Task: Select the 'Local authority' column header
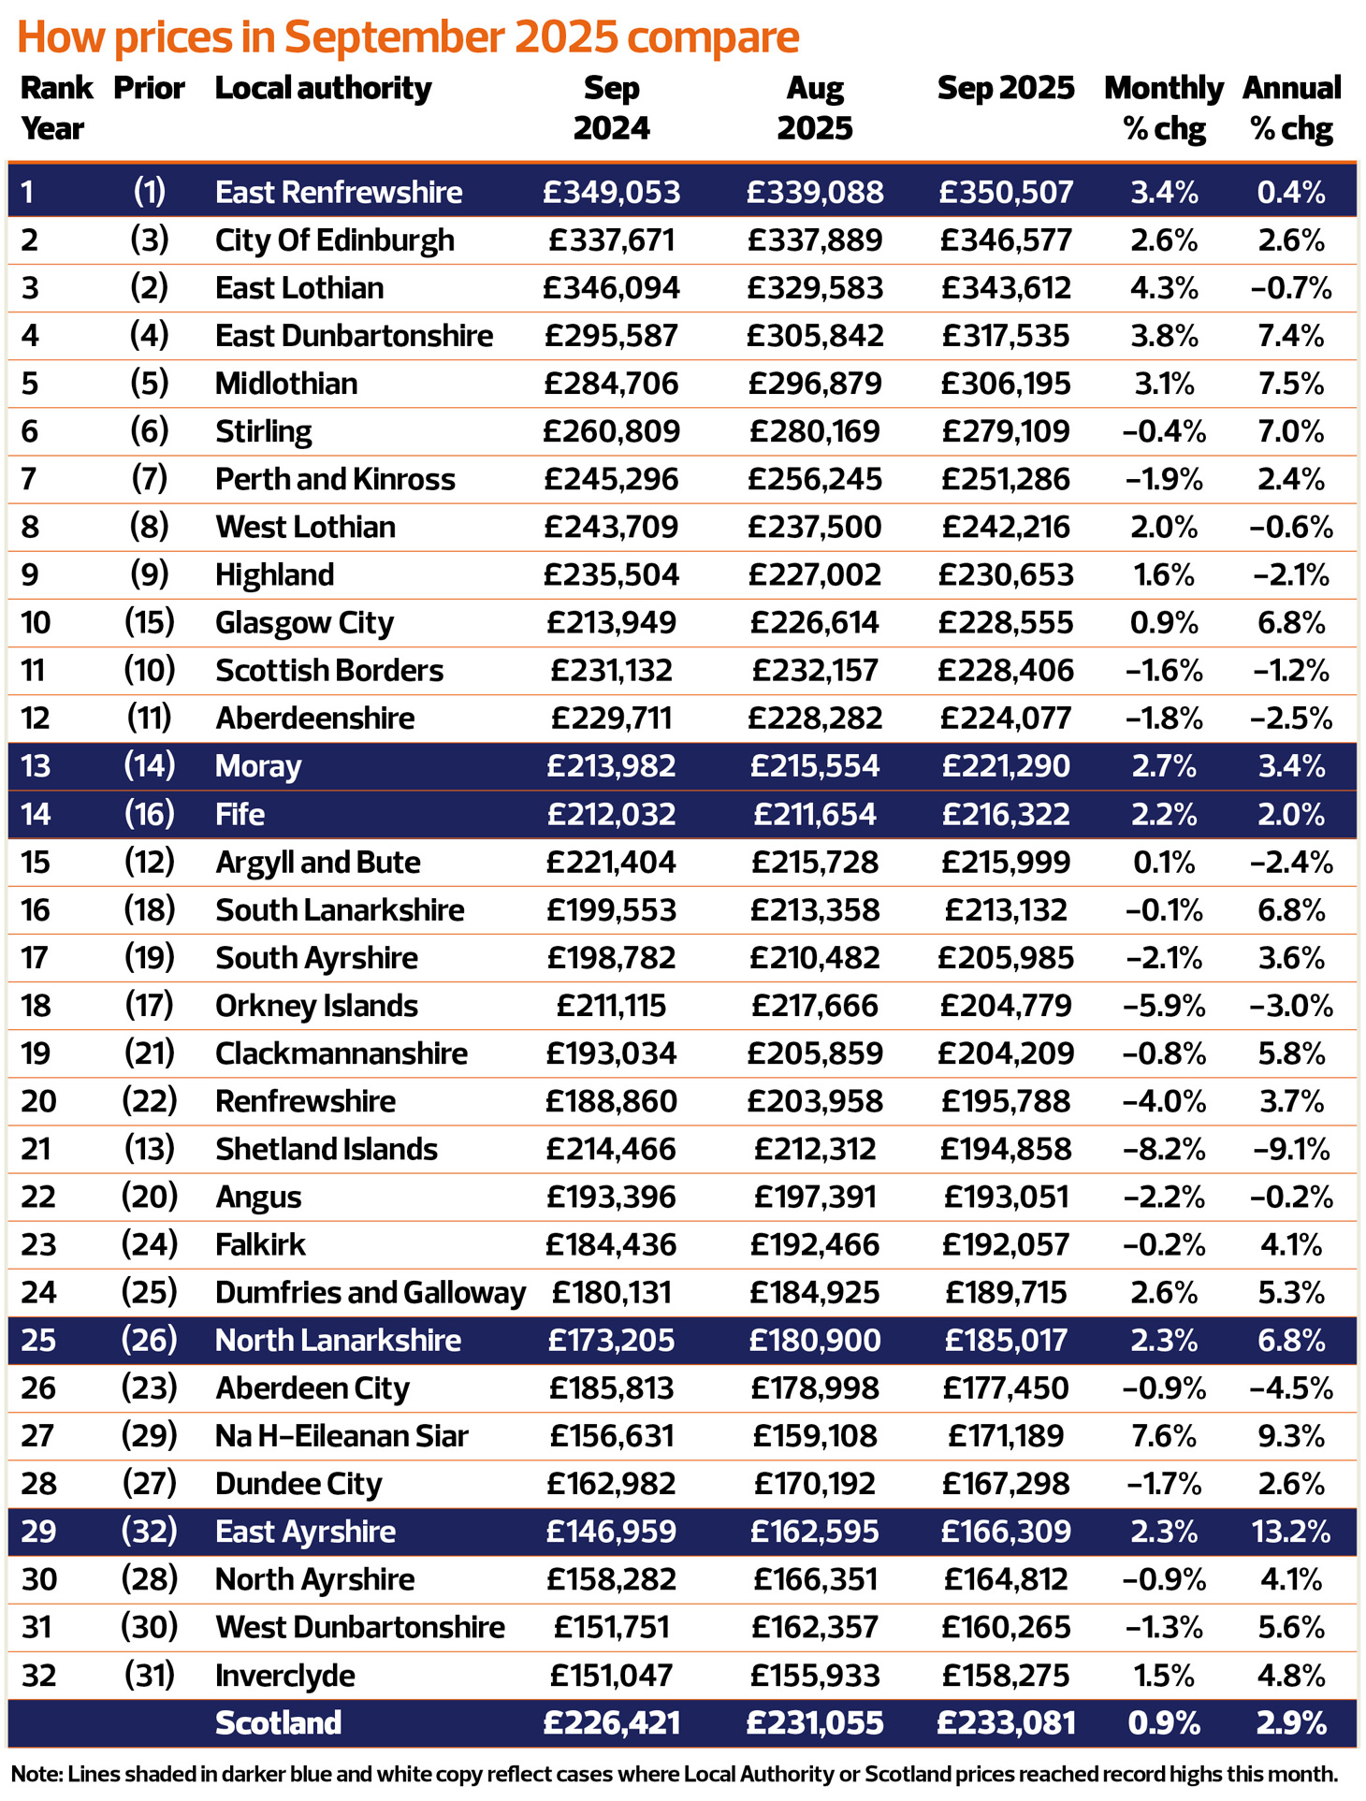pos(323,89)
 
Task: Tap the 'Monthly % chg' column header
pos(1163,108)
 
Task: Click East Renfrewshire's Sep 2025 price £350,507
pos(1006,193)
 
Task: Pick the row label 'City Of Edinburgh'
pos(334,240)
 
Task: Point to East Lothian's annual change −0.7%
pos(1291,288)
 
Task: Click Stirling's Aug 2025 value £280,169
pos(814,431)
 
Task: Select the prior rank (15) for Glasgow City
pos(150,622)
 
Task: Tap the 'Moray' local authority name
pos(258,766)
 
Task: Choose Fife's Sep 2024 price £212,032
pos(611,814)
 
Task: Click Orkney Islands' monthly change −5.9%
pos(1164,1006)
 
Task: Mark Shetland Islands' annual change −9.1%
pos(1291,1149)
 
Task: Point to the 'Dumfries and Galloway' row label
pos(370,1293)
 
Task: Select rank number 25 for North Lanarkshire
pos(38,1341)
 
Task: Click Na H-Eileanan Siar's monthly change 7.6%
pos(1164,1436)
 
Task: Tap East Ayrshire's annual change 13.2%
pos(1291,1532)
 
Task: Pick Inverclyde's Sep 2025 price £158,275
pos(1006,1675)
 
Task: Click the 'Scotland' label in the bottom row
pos(278,1723)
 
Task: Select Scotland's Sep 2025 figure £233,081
pos(1006,1723)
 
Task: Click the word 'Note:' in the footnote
pos(36,1774)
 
